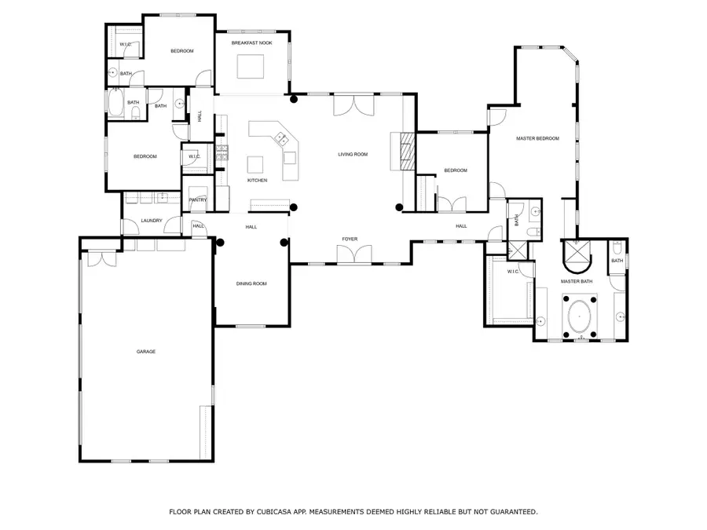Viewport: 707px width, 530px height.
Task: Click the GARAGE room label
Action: (145, 352)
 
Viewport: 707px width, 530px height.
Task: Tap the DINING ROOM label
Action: (251, 283)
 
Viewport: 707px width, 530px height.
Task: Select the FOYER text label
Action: (350, 238)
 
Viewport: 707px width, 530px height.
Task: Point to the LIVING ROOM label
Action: (353, 154)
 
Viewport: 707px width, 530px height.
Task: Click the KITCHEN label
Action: (257, 181)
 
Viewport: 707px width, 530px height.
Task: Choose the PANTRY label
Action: (198, 200)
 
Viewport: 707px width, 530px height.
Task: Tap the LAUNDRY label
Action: (152, 221)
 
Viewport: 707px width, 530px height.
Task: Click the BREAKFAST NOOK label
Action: (251, 43)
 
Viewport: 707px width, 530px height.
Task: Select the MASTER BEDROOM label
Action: (537, 139)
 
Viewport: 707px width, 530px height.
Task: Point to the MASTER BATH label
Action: (575, 281)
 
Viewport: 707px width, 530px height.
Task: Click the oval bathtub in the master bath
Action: (581, 316)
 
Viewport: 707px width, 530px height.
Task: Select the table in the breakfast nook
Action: (251, 69)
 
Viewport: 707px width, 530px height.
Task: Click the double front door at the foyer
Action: (353, 254)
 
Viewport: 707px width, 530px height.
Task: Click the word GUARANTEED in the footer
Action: (510, 512)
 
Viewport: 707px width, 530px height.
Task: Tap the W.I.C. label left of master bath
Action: (514, 272)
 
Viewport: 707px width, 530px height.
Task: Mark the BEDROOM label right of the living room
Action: (456, 170)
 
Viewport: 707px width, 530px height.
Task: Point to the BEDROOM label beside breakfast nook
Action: (181, 51)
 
